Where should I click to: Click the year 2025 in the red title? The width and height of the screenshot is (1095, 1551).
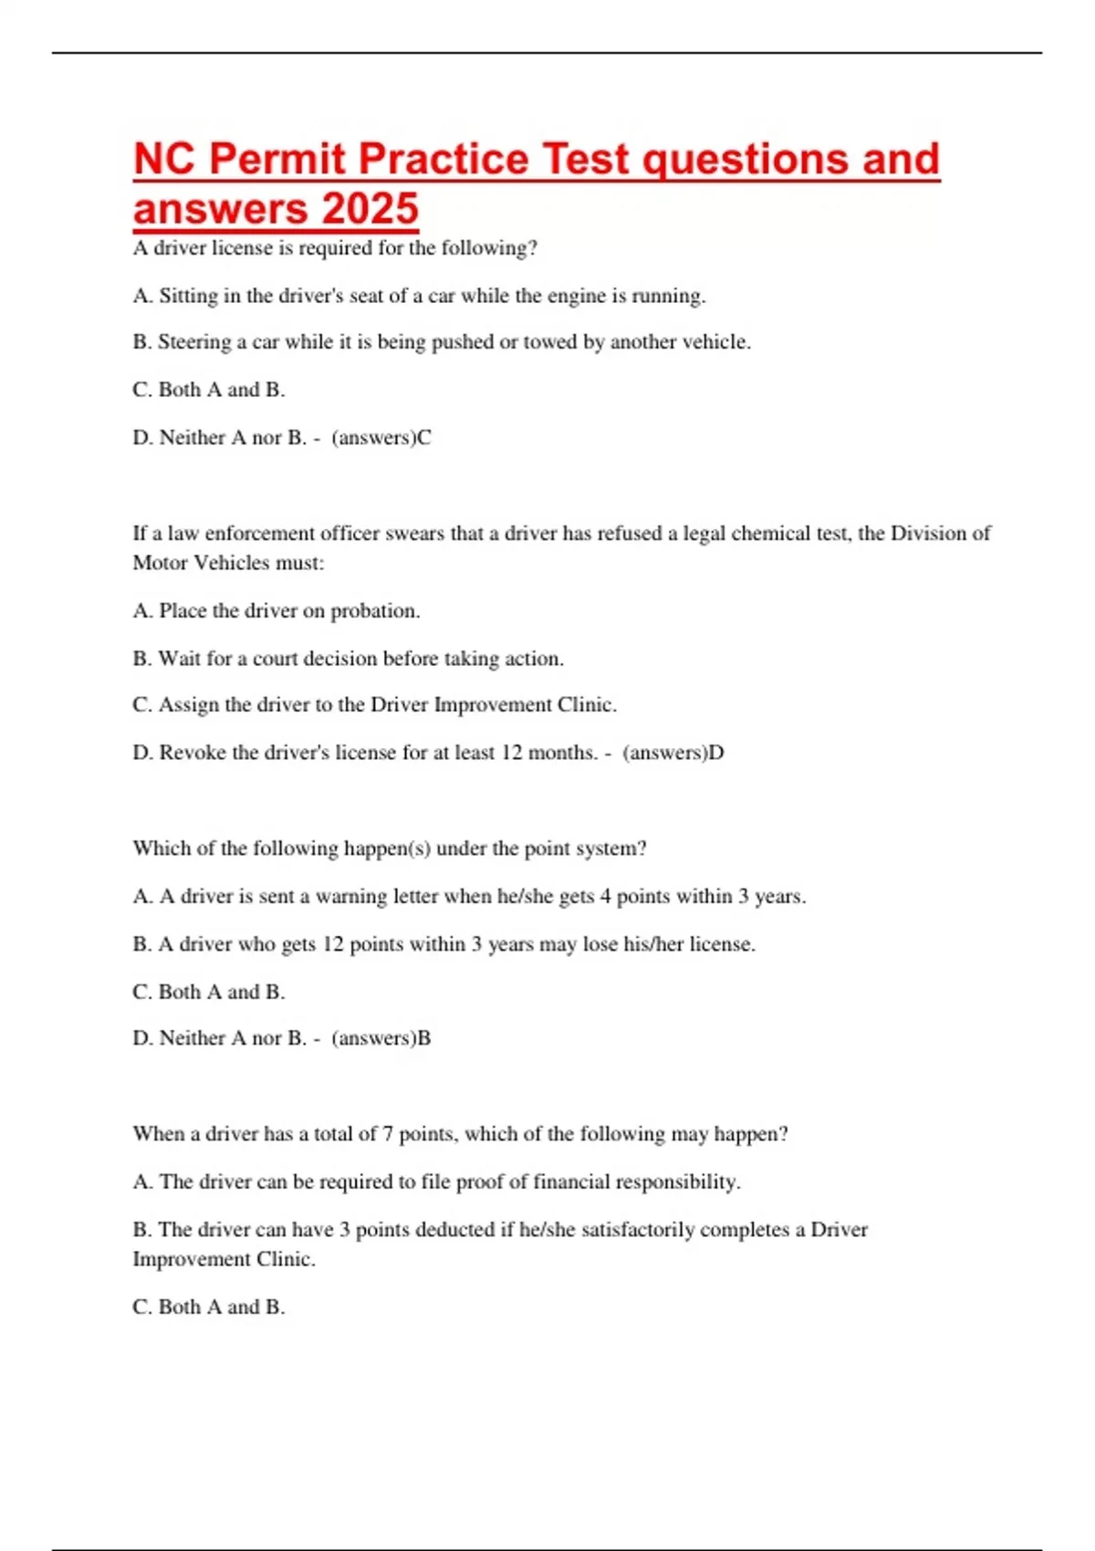click(370, 209)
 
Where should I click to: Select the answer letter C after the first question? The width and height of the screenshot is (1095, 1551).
click(424, 438)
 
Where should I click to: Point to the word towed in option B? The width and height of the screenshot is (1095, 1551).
click(545, 342)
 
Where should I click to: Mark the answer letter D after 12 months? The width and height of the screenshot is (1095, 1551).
click(716, 753)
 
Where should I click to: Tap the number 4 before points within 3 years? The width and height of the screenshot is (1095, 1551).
click(605, 897)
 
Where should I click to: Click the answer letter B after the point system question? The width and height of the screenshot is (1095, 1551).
click(424, 1038)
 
